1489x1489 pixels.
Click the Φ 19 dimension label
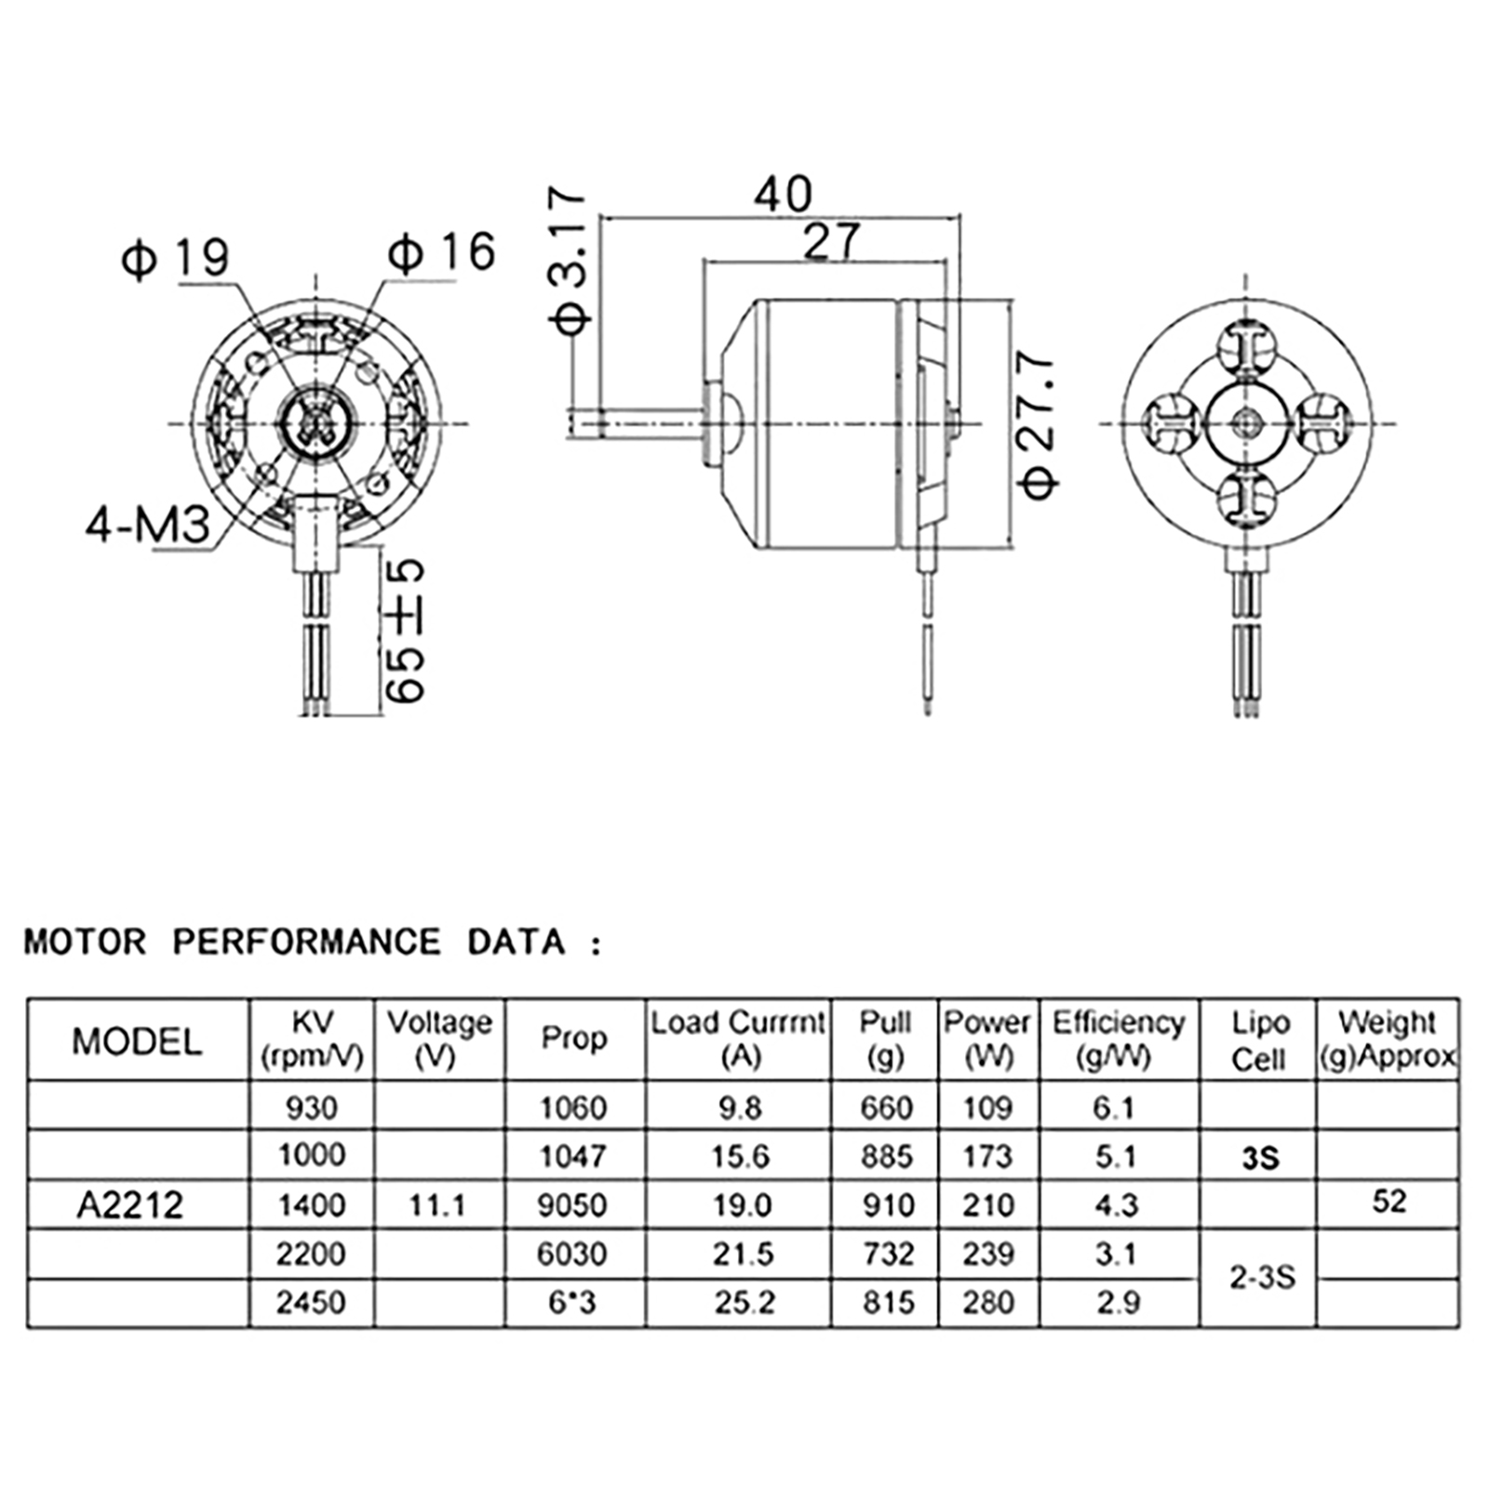(x=175, y=259)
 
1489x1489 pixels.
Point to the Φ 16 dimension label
(x=441, y=252)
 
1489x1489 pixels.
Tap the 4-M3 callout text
(x=149, y=527)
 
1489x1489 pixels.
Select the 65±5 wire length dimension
(x=405, y=631)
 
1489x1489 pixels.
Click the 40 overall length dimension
(x=783, y=194)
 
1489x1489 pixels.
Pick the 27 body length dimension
(x=830, y=242)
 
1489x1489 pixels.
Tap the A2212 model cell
(x=130, y=1205)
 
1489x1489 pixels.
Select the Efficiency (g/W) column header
(x=1119, y=1039)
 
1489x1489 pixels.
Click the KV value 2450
(x=311, y=1302)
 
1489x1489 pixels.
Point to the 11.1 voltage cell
(x=437, y=1205)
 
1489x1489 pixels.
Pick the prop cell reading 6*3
(x=572, y=1302)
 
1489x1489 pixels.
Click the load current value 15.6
(x=741, y=1156)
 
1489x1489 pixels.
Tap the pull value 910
(x=887, y=1205)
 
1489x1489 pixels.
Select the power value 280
(x=987, y=1302)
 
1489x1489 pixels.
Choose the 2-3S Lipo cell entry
(x=1261, y=1278)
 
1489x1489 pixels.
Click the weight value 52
(x=1388, y=1201)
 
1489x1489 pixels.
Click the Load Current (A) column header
(x=738, y=1039)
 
